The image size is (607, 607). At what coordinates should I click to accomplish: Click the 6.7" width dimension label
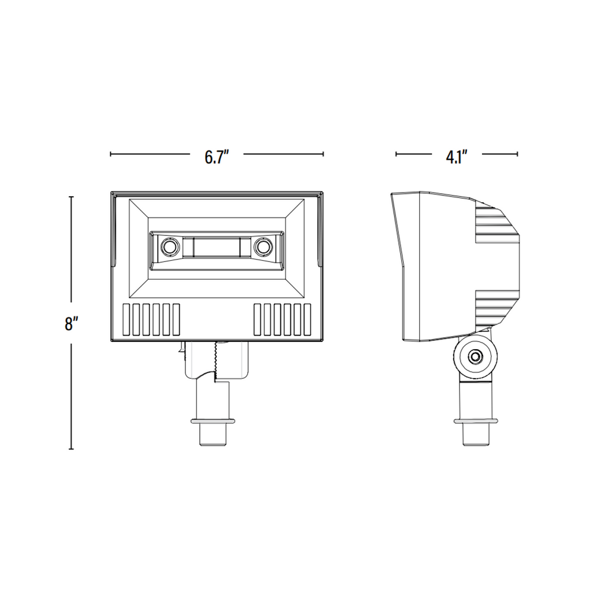pos(217,156)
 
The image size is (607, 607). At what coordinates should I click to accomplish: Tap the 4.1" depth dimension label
pos(457,156)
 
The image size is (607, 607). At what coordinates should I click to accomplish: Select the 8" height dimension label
pos(72,324)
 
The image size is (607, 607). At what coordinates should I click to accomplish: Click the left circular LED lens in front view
pos(170,247)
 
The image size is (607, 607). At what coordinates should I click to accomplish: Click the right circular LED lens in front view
pos(263,247)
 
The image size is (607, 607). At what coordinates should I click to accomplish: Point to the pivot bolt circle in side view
pos(475,356)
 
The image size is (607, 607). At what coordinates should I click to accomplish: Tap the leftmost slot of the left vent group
pos(126,320)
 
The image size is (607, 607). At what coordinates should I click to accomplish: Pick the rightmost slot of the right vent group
pos(308,320)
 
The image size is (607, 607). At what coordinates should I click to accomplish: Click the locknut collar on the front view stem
pos(213,421)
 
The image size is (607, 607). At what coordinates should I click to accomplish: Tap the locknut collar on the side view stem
pos(476,421)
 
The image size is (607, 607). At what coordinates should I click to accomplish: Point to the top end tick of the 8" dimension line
pos(71,197)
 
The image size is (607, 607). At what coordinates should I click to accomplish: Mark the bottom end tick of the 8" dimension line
pos(71,449)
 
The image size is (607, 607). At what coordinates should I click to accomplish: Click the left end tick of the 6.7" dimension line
pos(111,154)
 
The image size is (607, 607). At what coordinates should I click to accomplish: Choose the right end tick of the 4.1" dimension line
pos(517,154)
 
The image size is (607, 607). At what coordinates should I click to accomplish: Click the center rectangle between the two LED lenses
pos(216,247)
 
